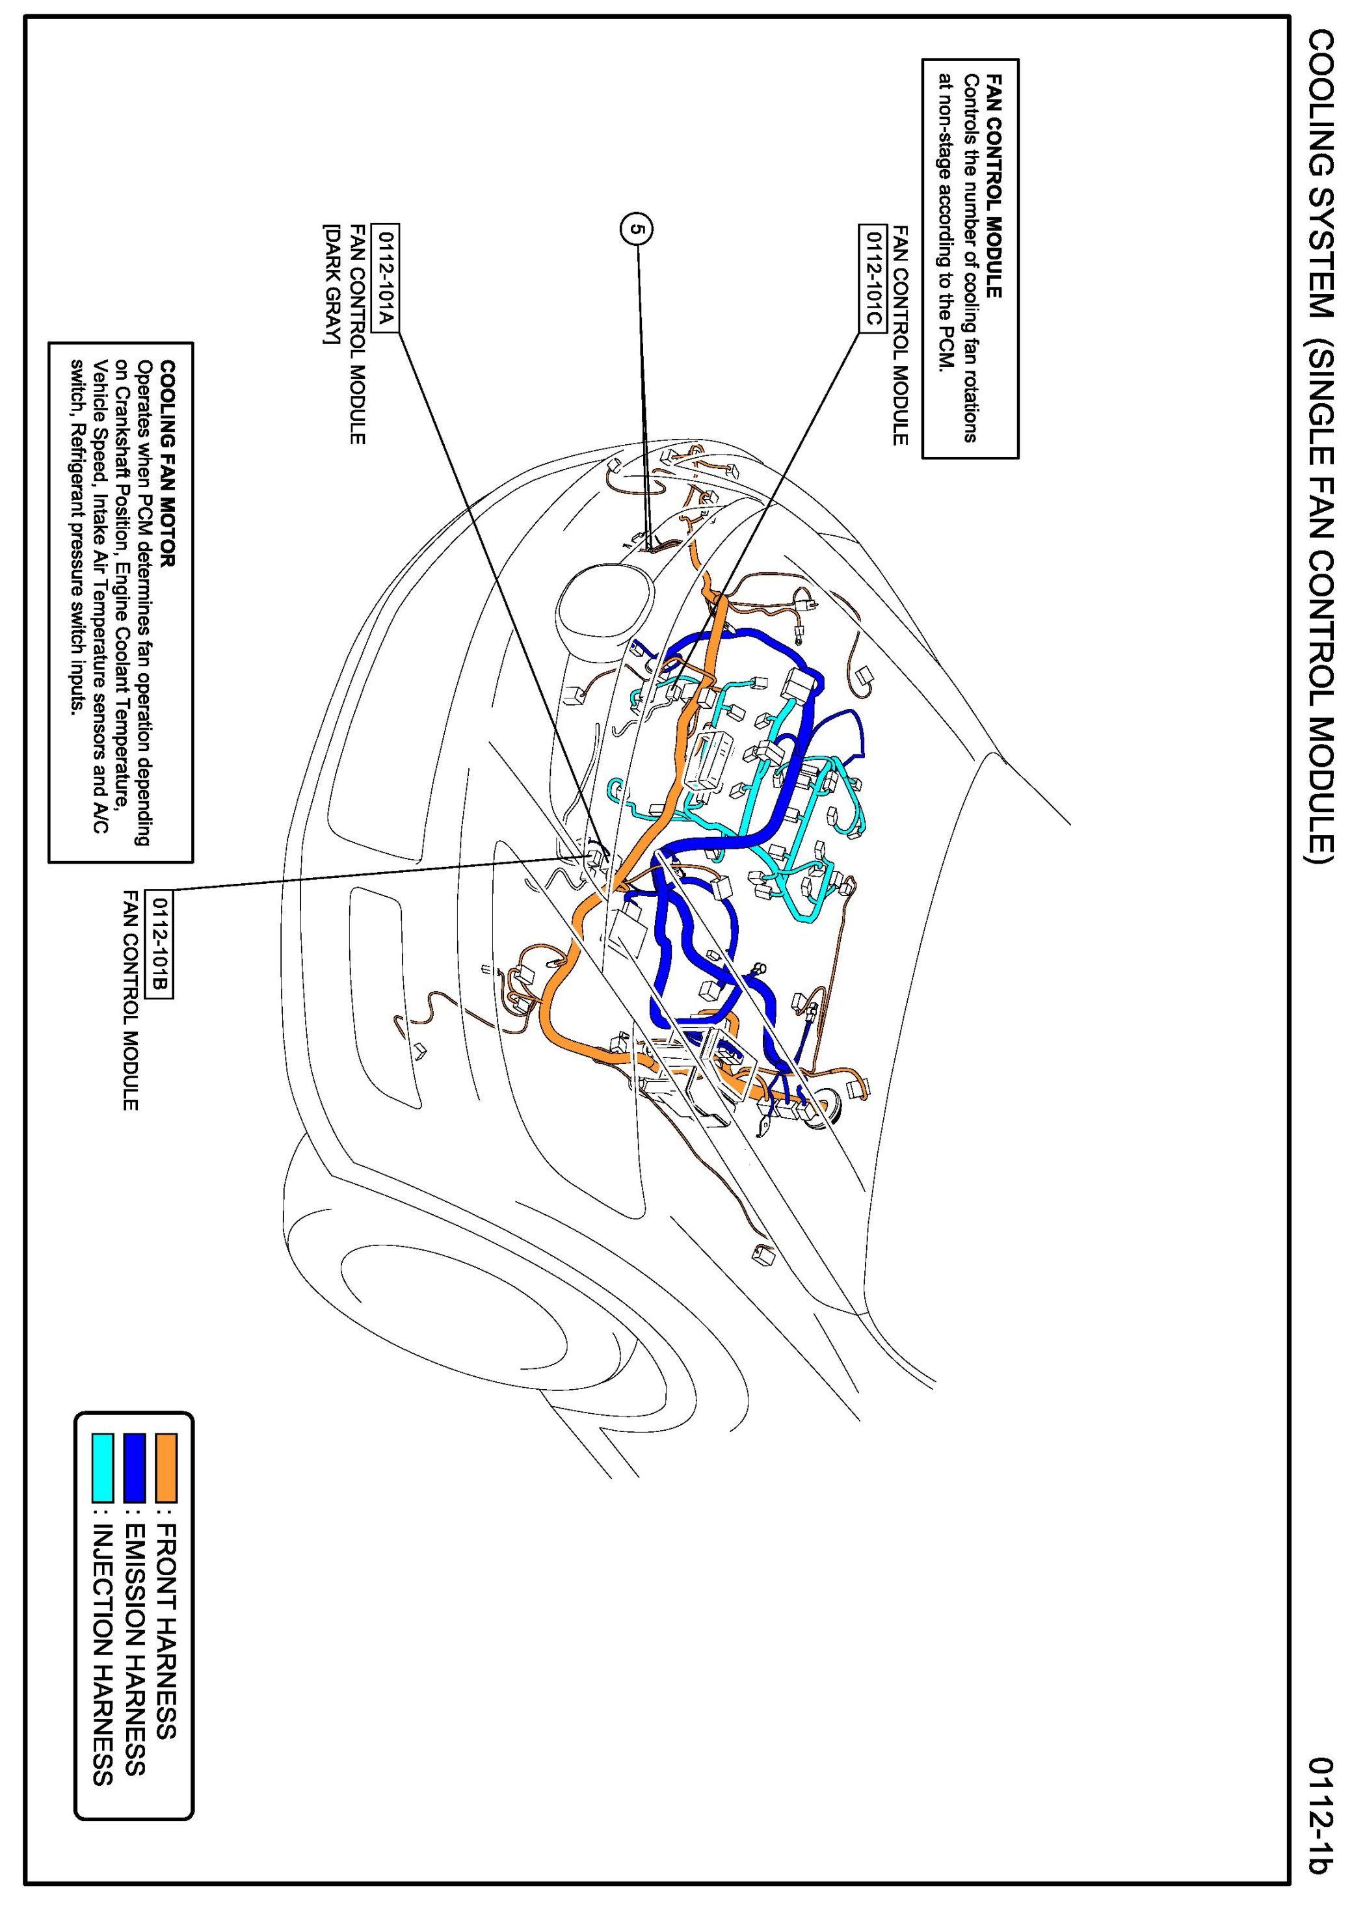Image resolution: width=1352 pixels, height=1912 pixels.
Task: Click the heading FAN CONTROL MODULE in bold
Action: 993,184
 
